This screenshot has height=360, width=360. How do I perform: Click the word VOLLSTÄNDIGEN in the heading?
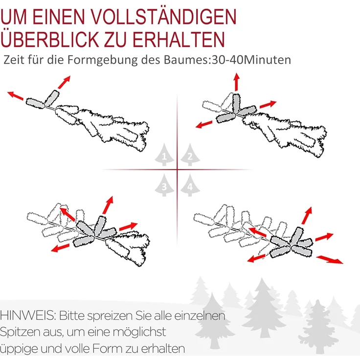click(x=163, y=16)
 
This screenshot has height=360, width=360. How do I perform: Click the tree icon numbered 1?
click(x=165, y=156)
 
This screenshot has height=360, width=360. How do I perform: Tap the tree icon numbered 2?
click(x=189, y=156)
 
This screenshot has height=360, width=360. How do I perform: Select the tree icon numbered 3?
click(x=165, y=186)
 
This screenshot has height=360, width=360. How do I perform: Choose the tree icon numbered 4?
click(x=189, y=186)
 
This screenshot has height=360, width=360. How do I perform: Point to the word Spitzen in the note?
click(x=20, y=332)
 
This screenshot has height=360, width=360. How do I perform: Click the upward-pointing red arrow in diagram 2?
click(x=236, y=81)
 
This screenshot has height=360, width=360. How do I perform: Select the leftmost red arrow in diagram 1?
click(x=15, y=94)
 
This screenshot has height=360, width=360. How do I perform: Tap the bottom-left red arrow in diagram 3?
click(x=60, y=247)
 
